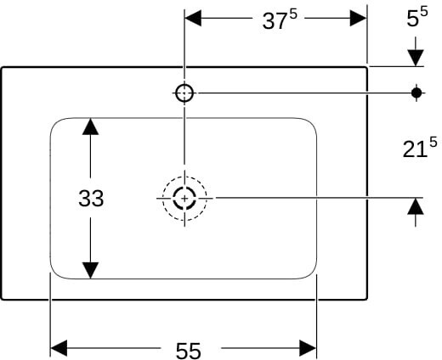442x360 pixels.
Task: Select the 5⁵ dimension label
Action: (x=417, y=17)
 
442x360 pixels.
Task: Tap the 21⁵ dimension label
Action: (x=420, y=147)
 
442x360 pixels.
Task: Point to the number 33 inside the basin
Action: (x=91, y=199)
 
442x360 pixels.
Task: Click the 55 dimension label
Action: (x=188, y=351)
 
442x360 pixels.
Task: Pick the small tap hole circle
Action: (x=184, y=93)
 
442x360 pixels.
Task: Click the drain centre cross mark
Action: (x=184, y=199)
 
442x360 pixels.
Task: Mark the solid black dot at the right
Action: (x=416, y=93)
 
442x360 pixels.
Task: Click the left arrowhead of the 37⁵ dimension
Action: (x=193, y=18)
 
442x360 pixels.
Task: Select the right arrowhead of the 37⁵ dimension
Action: (x=358, y=18)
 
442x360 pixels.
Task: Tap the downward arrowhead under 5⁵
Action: (x=416, y=58)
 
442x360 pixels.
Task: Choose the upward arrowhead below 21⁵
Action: (x=416, y=206)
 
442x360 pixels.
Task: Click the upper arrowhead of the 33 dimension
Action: (x=90, y=127)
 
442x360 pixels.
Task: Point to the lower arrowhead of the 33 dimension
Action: (x=90, y=271)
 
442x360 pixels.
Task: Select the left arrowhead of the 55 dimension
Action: (x=59, y=348)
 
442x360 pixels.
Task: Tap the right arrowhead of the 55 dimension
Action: (x=308, y=348)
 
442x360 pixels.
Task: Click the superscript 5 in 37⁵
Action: (x=293, y=14)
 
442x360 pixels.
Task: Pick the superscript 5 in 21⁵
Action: (x=433, y=142)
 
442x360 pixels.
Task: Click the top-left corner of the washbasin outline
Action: (x=3, y=68)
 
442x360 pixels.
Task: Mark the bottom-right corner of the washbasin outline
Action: (x=367, y=299)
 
